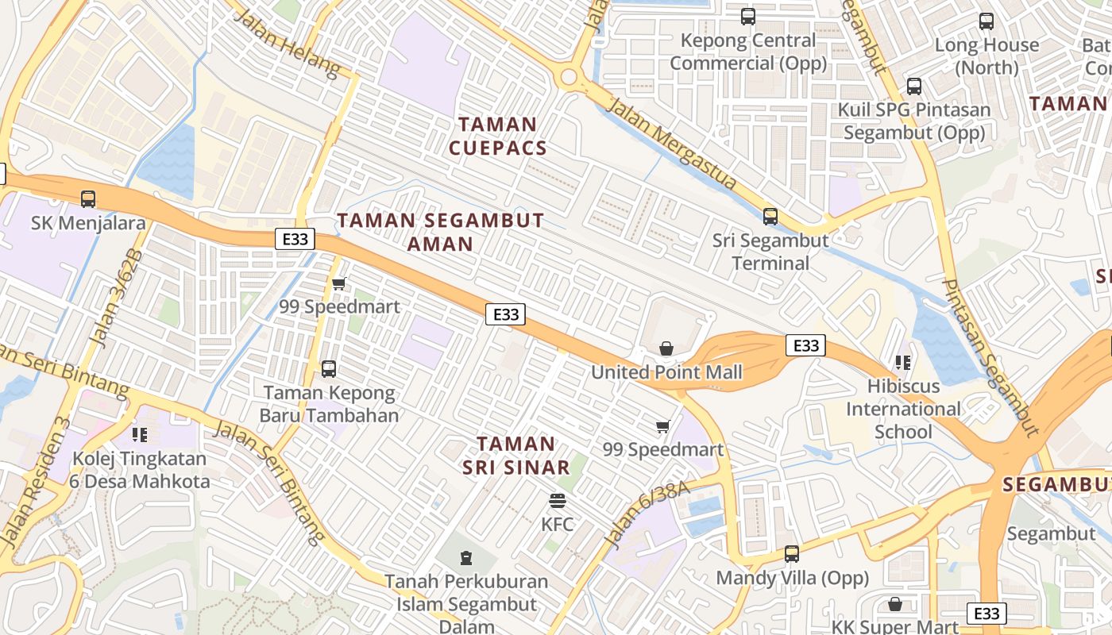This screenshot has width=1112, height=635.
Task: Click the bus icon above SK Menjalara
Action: [88, 199]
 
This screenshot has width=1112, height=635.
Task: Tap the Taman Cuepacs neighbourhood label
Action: [498, 136]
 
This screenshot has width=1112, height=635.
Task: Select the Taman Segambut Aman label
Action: [441, 232]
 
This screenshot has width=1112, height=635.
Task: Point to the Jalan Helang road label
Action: [288, 44]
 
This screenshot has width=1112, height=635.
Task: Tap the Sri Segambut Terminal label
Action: [770, 252]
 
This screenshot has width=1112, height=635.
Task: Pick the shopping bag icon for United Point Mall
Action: [666, 348]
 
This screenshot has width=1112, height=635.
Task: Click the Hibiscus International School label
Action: [903, 410]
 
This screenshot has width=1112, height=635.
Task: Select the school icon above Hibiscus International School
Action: [902, 364]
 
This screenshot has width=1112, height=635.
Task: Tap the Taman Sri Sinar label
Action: [516, 456]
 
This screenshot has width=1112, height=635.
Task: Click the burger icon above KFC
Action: [558, 501]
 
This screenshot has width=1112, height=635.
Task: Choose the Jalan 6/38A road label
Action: [646, 514]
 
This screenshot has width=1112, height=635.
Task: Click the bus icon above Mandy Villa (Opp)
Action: [792, 554]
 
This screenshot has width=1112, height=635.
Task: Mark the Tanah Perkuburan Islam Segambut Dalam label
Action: [466, 603]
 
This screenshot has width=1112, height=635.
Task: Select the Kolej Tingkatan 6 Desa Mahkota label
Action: [140, 470]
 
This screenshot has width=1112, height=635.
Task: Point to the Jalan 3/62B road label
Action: [114, 298]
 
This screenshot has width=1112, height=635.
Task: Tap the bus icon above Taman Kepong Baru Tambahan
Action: [329, 369]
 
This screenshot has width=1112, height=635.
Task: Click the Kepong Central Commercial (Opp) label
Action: [747, 52]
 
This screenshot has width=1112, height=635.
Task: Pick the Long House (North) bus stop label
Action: [987, 56]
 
